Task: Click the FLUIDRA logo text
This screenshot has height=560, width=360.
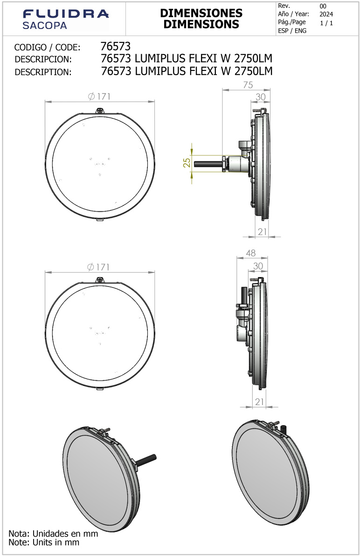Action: pos(65,14)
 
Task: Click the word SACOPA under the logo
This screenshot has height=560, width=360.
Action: pos(45,26)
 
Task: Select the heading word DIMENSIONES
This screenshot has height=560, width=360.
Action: pos(201,13)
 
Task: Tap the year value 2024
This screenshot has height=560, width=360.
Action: pos(326,14)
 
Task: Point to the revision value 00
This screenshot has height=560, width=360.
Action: pos(323,6)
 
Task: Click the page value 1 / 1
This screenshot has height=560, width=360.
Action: pos(326,23)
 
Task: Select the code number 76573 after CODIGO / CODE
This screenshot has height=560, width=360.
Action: pos(116,46)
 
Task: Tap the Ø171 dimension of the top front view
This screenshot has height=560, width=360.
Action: pos(99,96)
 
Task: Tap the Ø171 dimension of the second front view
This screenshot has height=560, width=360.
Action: pos(99,267)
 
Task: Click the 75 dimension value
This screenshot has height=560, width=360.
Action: pos(248,84)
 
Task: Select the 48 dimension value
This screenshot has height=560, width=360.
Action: pos(250,253)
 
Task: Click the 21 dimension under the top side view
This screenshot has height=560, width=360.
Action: pos(262,232)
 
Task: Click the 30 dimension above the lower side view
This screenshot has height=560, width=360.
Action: pos(258,266)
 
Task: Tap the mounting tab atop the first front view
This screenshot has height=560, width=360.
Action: pos(100,111)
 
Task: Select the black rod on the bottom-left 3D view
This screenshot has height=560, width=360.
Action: pos(146,459)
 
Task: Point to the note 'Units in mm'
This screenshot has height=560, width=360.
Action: pos(44,542)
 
